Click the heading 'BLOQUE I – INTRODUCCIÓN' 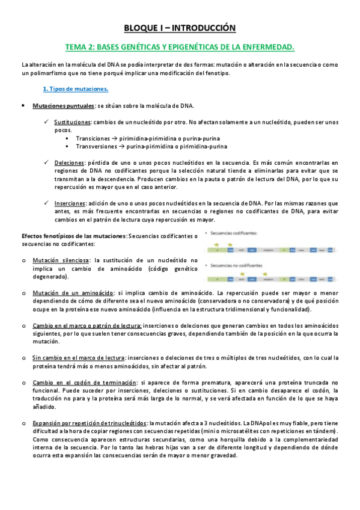[x=180, y=28]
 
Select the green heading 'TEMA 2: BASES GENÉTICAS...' [x=180, y=46]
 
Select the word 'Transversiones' [x=96, y=146]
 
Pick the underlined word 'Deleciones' [x=69, y=162]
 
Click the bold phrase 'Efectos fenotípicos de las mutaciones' [x=74, y=236]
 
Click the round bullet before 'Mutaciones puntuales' [x=22, y=106]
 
